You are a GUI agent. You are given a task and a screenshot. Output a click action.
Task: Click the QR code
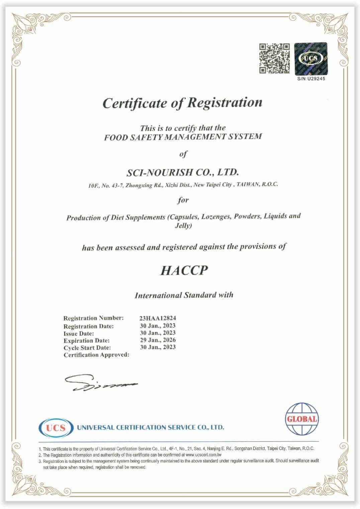click(274, 58)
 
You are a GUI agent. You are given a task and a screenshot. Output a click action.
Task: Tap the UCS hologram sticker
click(310, 59)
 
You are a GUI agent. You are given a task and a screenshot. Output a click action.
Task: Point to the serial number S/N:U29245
click(311, 79)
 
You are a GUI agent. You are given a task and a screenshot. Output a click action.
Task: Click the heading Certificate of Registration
click(182, 103)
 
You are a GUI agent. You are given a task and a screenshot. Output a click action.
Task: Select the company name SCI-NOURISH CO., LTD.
click(183, 172)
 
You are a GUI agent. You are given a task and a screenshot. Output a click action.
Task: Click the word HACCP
click(184, 270)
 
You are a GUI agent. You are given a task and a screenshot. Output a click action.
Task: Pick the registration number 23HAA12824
click(158, 318)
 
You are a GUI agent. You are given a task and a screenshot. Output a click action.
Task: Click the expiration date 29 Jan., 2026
click(158, 340)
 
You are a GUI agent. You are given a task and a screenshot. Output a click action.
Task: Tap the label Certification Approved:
click(96, 355)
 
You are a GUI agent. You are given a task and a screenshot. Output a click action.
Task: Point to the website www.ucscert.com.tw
click(203, 455)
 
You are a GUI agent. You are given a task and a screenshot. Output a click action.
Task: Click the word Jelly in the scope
click(183, 226)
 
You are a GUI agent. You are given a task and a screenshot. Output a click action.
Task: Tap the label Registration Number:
click(93, 318)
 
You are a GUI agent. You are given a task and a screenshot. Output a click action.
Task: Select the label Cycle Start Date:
click(87, 348)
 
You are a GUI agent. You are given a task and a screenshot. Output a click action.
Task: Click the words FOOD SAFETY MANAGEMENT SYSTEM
click(183, 137)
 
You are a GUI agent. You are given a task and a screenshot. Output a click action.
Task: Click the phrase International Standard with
click(184, 295)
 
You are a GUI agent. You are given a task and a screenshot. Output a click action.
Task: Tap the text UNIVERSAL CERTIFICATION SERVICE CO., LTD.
click(150, 427)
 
